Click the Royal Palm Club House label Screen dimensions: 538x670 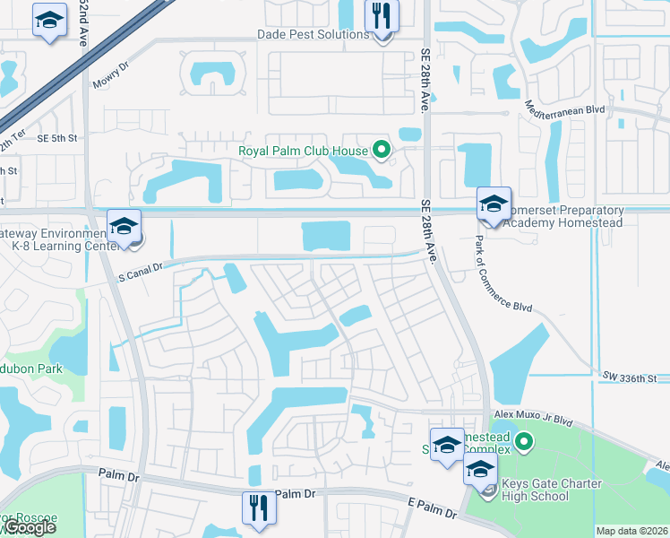(304, 151)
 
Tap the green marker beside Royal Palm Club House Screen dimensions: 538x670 (382, 150)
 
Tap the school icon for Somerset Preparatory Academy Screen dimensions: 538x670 (493, 204)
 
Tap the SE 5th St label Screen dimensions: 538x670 (59, 138)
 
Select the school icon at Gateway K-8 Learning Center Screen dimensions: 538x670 (125, 226)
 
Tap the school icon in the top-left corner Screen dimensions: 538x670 (49, 20)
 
